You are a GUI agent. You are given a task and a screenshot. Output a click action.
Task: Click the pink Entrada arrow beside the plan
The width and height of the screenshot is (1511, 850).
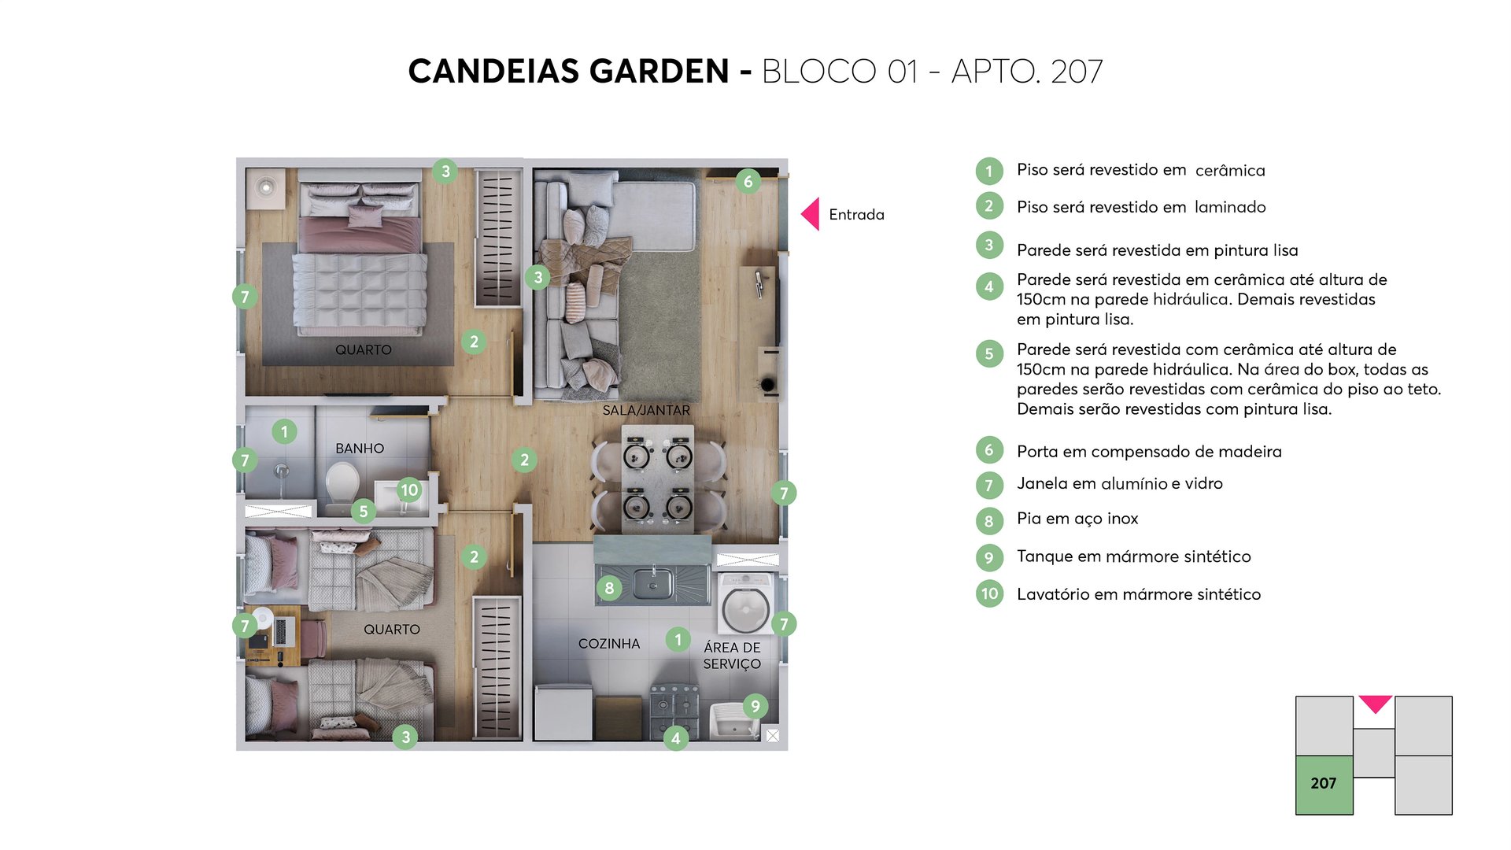(811, 214)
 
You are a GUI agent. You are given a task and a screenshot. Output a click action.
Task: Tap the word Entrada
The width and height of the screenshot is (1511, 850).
(856, 215)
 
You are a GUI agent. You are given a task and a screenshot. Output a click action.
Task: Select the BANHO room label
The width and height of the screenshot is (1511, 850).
(360, 449)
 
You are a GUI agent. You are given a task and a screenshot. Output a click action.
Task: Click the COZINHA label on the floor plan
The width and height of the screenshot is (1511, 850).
(609, 644)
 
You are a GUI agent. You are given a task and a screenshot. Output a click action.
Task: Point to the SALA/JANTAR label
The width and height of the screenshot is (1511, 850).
(646, 411)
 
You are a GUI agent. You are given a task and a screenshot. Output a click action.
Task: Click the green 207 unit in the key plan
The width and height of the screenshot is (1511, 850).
(1324, 784)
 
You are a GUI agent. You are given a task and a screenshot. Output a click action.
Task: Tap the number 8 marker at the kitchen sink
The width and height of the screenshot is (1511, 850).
(609, 588)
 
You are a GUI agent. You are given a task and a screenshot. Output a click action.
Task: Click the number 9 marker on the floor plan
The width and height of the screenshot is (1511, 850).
(755, 706)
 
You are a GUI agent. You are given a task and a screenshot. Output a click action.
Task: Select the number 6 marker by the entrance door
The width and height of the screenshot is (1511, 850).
(748, 182)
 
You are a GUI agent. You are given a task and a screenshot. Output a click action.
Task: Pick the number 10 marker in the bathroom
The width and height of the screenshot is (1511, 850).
(409, 490)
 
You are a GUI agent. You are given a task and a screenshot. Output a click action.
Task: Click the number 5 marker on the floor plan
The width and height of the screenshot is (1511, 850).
(364, 512)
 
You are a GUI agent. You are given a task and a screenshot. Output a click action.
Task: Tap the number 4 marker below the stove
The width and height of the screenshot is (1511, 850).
(675, 738)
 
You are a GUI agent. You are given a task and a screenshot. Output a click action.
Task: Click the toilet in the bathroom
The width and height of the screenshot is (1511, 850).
(342, 483)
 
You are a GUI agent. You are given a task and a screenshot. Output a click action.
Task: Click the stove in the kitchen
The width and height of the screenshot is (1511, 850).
(674, 705)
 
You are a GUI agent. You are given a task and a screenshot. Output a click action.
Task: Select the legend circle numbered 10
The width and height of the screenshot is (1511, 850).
(989, 594)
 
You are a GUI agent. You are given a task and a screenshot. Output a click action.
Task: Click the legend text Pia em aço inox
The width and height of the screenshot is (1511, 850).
(1077, 519)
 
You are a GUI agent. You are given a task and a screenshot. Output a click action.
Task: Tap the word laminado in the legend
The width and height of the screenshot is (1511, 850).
(1229, 208)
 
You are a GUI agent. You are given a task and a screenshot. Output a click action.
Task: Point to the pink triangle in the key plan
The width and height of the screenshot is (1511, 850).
(1375, 703)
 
